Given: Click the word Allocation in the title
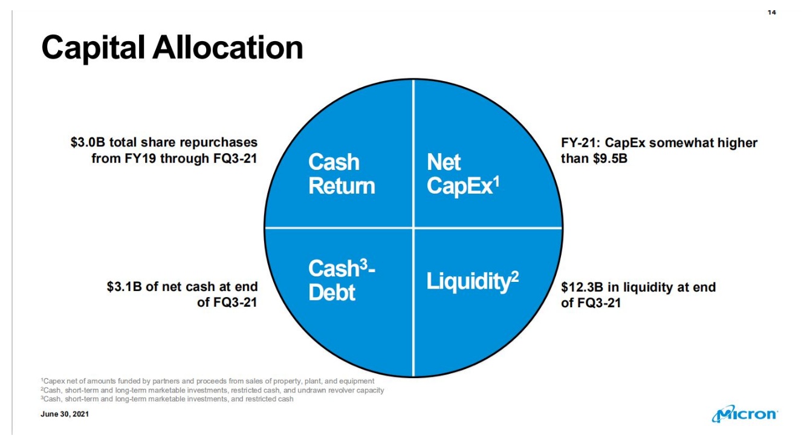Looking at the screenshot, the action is [x=228, y=47].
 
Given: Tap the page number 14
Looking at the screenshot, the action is [x=772, y=13].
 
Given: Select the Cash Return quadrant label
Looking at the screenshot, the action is [x=342, y=174].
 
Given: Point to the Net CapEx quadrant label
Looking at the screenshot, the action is [x=463, y=174].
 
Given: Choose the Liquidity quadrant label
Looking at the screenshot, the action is [x=472, y=281].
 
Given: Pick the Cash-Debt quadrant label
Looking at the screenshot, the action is [x=342, y=280].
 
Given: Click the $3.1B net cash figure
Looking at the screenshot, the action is [x=125, y=287].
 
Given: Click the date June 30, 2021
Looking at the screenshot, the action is [x=65, y=414].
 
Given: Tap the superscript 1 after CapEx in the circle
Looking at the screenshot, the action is [x=496, y=182].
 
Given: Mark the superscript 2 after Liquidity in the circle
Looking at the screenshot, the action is [x=515, y=277].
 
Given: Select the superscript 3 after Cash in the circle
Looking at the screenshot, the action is [x=364, y=264].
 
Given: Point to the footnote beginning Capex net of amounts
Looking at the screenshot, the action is [x=207, y=381].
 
